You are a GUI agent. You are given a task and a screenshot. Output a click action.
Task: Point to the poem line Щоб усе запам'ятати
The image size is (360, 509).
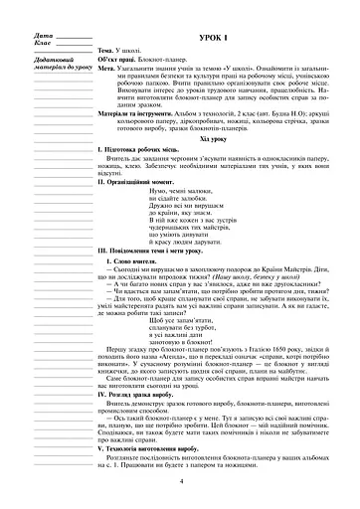click(x=214, y=321)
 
